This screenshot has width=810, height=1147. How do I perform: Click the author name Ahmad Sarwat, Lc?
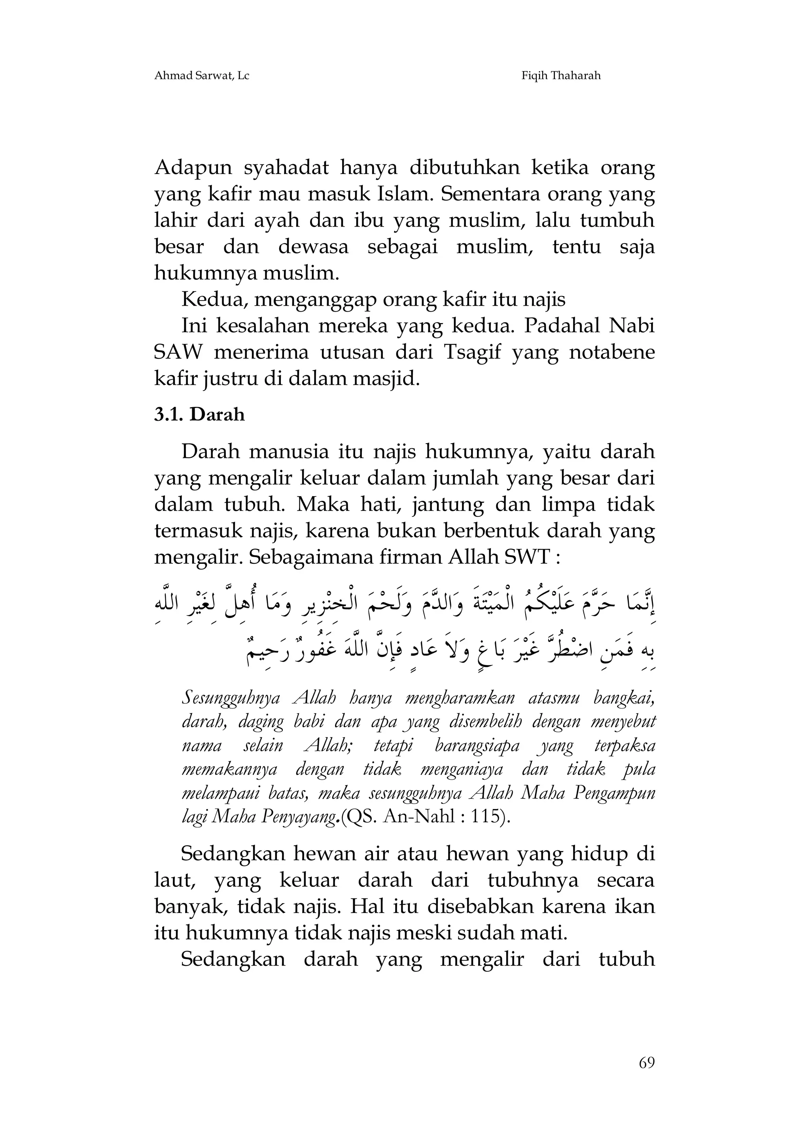click(201, 76)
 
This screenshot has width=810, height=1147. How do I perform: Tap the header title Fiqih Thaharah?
click(561, 76)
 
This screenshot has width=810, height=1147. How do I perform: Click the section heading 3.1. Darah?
click(199, 415)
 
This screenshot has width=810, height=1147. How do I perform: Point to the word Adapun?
click(193, 168)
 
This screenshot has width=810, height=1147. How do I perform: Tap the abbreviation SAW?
click(178, 353)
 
